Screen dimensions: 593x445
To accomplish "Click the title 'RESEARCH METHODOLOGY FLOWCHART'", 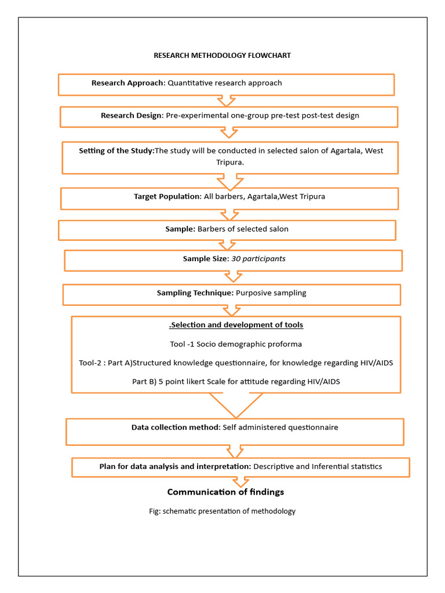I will (222, 56).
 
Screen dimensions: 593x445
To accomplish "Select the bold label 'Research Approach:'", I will (128, 83).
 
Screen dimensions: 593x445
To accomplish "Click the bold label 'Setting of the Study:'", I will (116, 151).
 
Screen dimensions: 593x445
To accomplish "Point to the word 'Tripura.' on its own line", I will (229, 162).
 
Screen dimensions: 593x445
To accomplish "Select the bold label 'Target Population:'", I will (167, 196).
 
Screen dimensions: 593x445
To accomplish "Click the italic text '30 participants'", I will (258, 259).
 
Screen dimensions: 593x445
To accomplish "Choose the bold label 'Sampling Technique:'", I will (195, 293).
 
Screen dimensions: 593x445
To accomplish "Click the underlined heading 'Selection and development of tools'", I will (236, 325).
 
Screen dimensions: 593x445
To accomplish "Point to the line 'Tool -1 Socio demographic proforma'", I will (236, 344).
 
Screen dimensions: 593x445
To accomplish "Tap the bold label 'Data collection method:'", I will (176, 427).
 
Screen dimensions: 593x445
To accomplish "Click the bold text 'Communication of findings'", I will (225, 492).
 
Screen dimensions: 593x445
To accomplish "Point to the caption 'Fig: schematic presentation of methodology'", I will (222, 511).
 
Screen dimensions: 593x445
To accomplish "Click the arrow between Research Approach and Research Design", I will (229, 100).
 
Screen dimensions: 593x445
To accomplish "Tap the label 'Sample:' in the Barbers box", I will (180, 229).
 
